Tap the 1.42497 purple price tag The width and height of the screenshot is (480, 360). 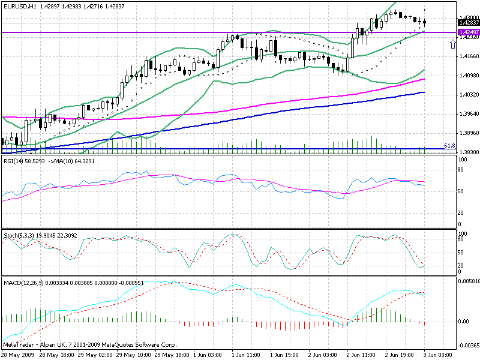468,32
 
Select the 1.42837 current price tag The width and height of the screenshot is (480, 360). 468,23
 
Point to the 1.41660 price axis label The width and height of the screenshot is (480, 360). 468,56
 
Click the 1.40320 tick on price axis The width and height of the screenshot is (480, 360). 468,95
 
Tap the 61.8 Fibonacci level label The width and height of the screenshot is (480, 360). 449,146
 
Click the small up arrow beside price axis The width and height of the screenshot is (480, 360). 452,44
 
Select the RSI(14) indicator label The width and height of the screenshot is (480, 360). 14,161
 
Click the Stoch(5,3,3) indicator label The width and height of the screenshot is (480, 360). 18,234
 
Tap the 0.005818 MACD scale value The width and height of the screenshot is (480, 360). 468,281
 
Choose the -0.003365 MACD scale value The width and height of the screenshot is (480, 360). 467,346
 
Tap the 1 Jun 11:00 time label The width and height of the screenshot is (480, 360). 246,355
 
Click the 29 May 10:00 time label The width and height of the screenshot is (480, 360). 134,355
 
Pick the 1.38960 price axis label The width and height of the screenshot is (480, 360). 468,133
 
